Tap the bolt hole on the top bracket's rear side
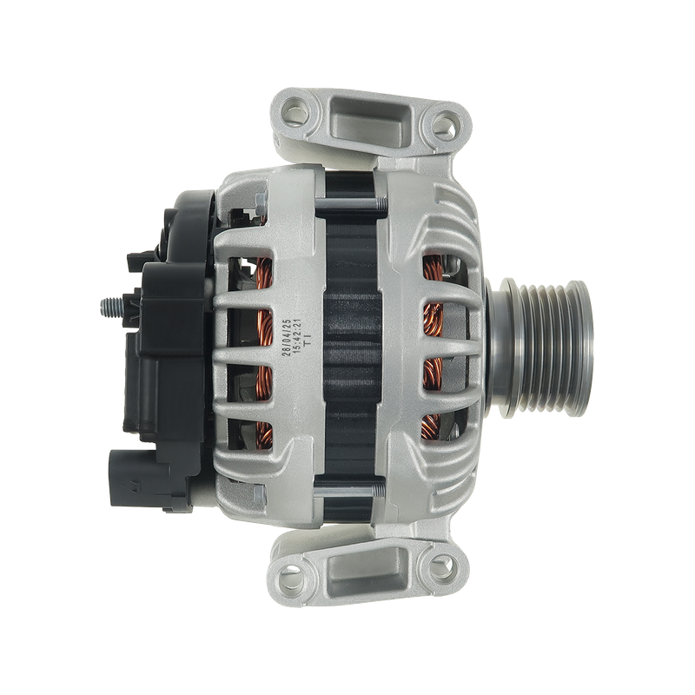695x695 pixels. click(x=298, y=113)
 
